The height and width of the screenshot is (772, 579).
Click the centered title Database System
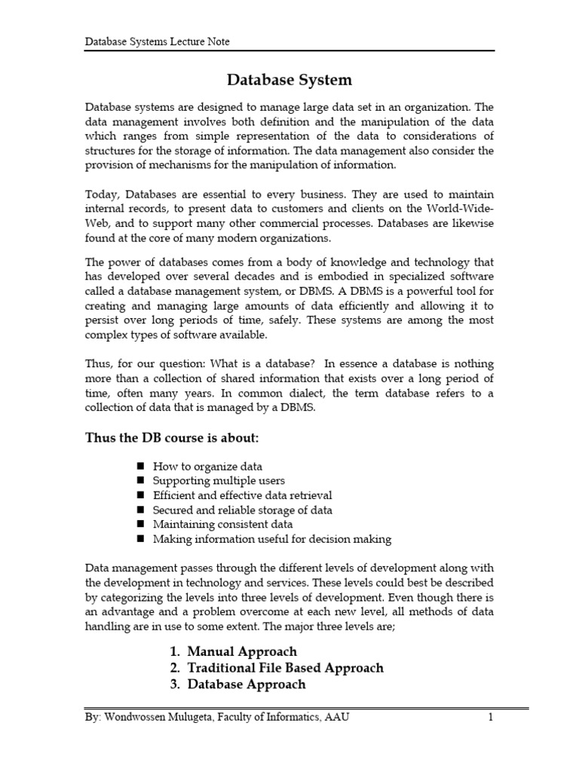coord(289,79)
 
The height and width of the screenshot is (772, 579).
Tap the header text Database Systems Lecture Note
coord(157,42)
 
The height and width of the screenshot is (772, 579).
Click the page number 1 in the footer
coord(489,718)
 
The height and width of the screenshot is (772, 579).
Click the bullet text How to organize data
coord(207,467)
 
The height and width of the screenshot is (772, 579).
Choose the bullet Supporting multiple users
coord(219,481)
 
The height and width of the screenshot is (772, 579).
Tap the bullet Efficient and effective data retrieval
coord(242,495)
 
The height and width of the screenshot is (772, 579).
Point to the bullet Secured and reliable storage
coord(242,510)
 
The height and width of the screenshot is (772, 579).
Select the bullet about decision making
coord(271,539)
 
